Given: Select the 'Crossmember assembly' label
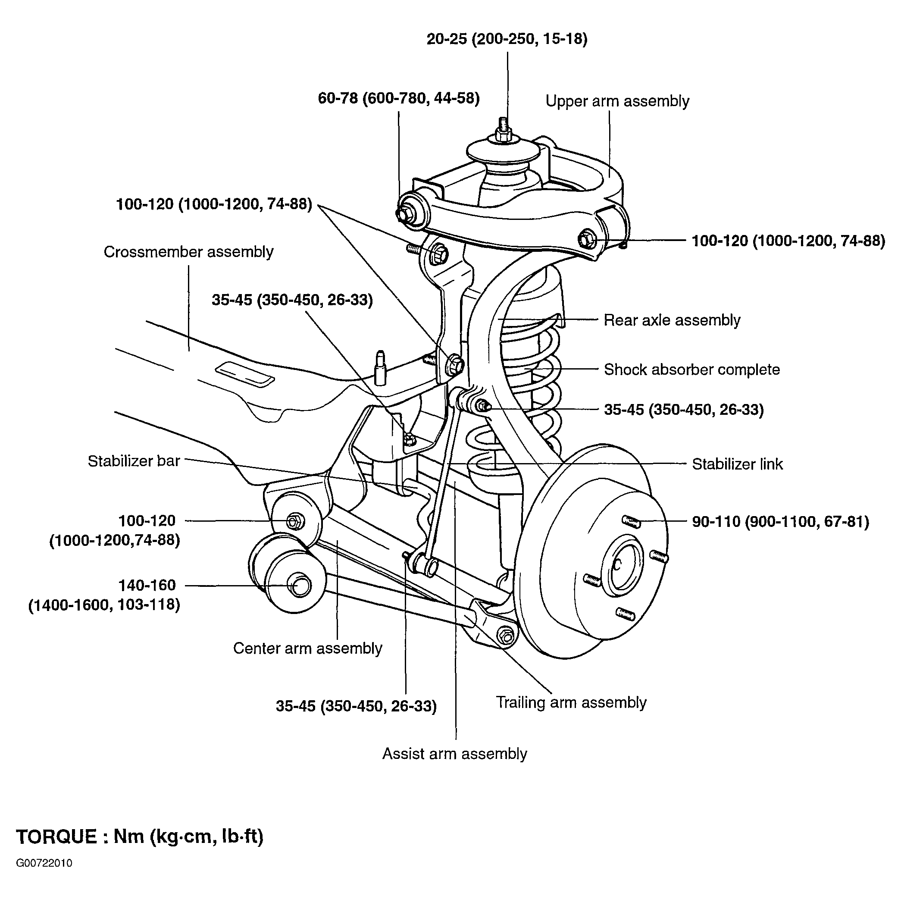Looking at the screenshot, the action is (x=188, y=252).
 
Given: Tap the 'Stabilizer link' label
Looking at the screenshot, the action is (x=737, y=464).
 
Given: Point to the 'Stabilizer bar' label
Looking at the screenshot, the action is (x=134, y=461).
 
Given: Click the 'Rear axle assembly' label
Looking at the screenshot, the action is (x=672, y=320).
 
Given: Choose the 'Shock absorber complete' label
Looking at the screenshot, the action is (x=692, y=370).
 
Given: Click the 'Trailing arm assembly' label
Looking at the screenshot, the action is (x=571, y=702).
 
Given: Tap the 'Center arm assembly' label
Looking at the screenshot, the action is (x=308, y=648).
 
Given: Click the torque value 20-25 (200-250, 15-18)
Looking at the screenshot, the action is (x=507, y=39).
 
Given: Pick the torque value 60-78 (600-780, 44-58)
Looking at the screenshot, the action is (x=399, y=98).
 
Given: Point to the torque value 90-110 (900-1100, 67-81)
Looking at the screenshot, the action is (x=781, y=522).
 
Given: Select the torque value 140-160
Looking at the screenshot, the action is (x=147, y=585).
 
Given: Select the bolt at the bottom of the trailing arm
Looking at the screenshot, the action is (x=506, y=636).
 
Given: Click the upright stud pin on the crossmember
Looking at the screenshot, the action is (x=381, y=368).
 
